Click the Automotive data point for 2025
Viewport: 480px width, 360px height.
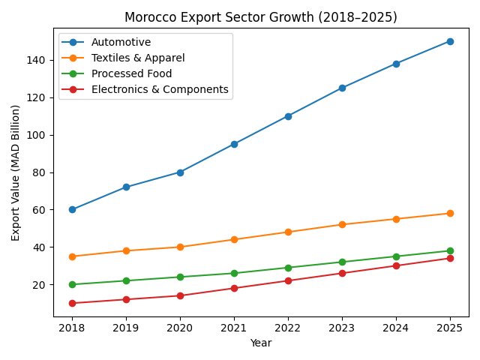point(450,41)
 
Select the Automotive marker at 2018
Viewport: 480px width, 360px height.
point(72,209)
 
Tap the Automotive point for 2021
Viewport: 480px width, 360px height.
point(234,144)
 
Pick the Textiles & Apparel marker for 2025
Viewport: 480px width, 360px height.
point(450,213)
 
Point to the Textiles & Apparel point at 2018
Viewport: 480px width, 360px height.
point(72,256)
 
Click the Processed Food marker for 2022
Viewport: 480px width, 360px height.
point(288,268)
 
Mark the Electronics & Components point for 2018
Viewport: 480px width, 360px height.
point(72,303)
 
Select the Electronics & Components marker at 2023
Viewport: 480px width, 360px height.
point(342,273)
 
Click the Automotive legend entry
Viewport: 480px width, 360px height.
point(121,43)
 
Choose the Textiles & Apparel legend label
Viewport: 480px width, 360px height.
point(138,58)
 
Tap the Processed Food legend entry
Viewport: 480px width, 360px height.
point(132,73)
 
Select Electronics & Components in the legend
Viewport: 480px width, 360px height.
point(160,89)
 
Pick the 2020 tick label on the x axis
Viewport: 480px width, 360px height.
point(180,328)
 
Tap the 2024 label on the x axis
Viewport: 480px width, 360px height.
point(396,328)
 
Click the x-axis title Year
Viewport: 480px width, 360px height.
point(261,343)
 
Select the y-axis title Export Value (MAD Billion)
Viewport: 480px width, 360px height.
point(16,172)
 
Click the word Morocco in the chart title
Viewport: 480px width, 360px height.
point(147,16)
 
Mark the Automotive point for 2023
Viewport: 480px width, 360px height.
point(342,88)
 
